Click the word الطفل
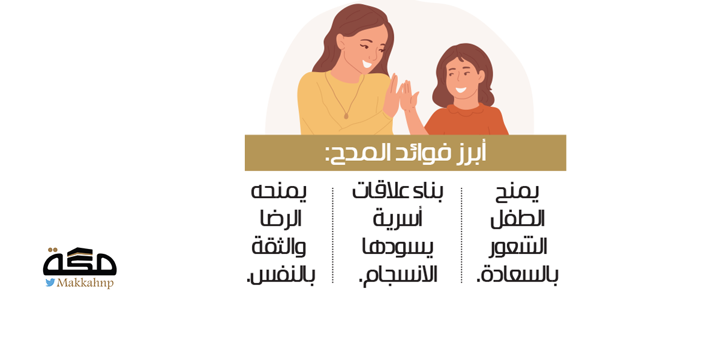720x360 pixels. click(517, 219)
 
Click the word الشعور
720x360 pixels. click(518, 247)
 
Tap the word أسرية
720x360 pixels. click(397, 219)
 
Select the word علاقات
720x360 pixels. click(376, 191)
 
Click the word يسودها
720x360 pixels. click(398, 247)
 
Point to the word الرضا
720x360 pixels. click(281, 219)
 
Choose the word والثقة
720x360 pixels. click(278, 247)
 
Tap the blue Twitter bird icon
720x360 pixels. click(50, 283)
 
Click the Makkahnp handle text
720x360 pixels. click(85, 283)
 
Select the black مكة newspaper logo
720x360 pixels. click(80, 262)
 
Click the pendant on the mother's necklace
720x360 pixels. click(346, 115)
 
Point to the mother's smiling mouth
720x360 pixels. click(367, 64)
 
